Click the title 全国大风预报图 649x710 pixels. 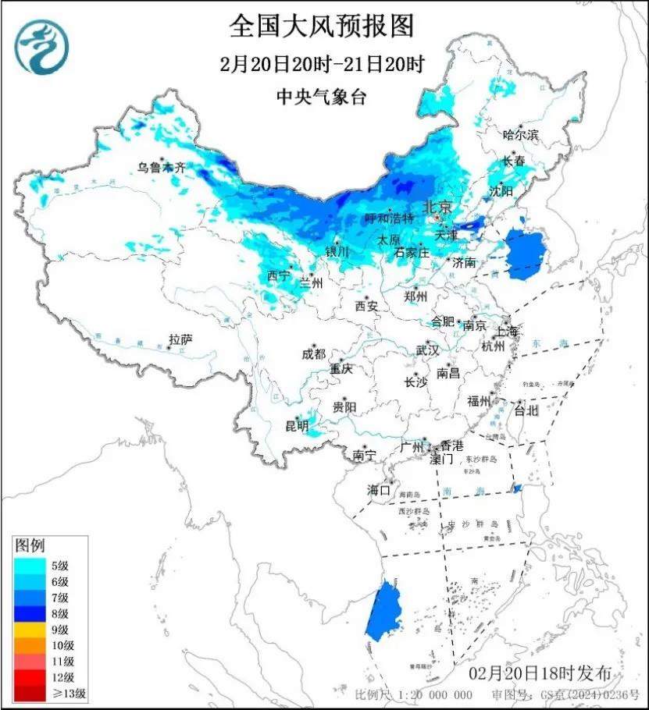pyautogui.click(x=321, y=26)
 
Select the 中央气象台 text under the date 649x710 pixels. pyautogui.click(x=321, y=97)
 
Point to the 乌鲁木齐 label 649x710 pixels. pyautogui.click(x=163, y=166)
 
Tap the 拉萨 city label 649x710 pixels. pyautogui.click(x=180, y=339)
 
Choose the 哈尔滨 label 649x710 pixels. pyautogui.click(x=521, y=135)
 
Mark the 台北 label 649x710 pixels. pyautogui.click(x=526, y=410)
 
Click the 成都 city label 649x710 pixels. pyautogui.click(x=313, y=353)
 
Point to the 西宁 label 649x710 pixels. pyautogui.click(x=278, y=275)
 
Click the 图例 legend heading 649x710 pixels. pyautogui.click(x=30, y=543)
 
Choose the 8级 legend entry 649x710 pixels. pyautogui.click(x=47, y=613)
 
